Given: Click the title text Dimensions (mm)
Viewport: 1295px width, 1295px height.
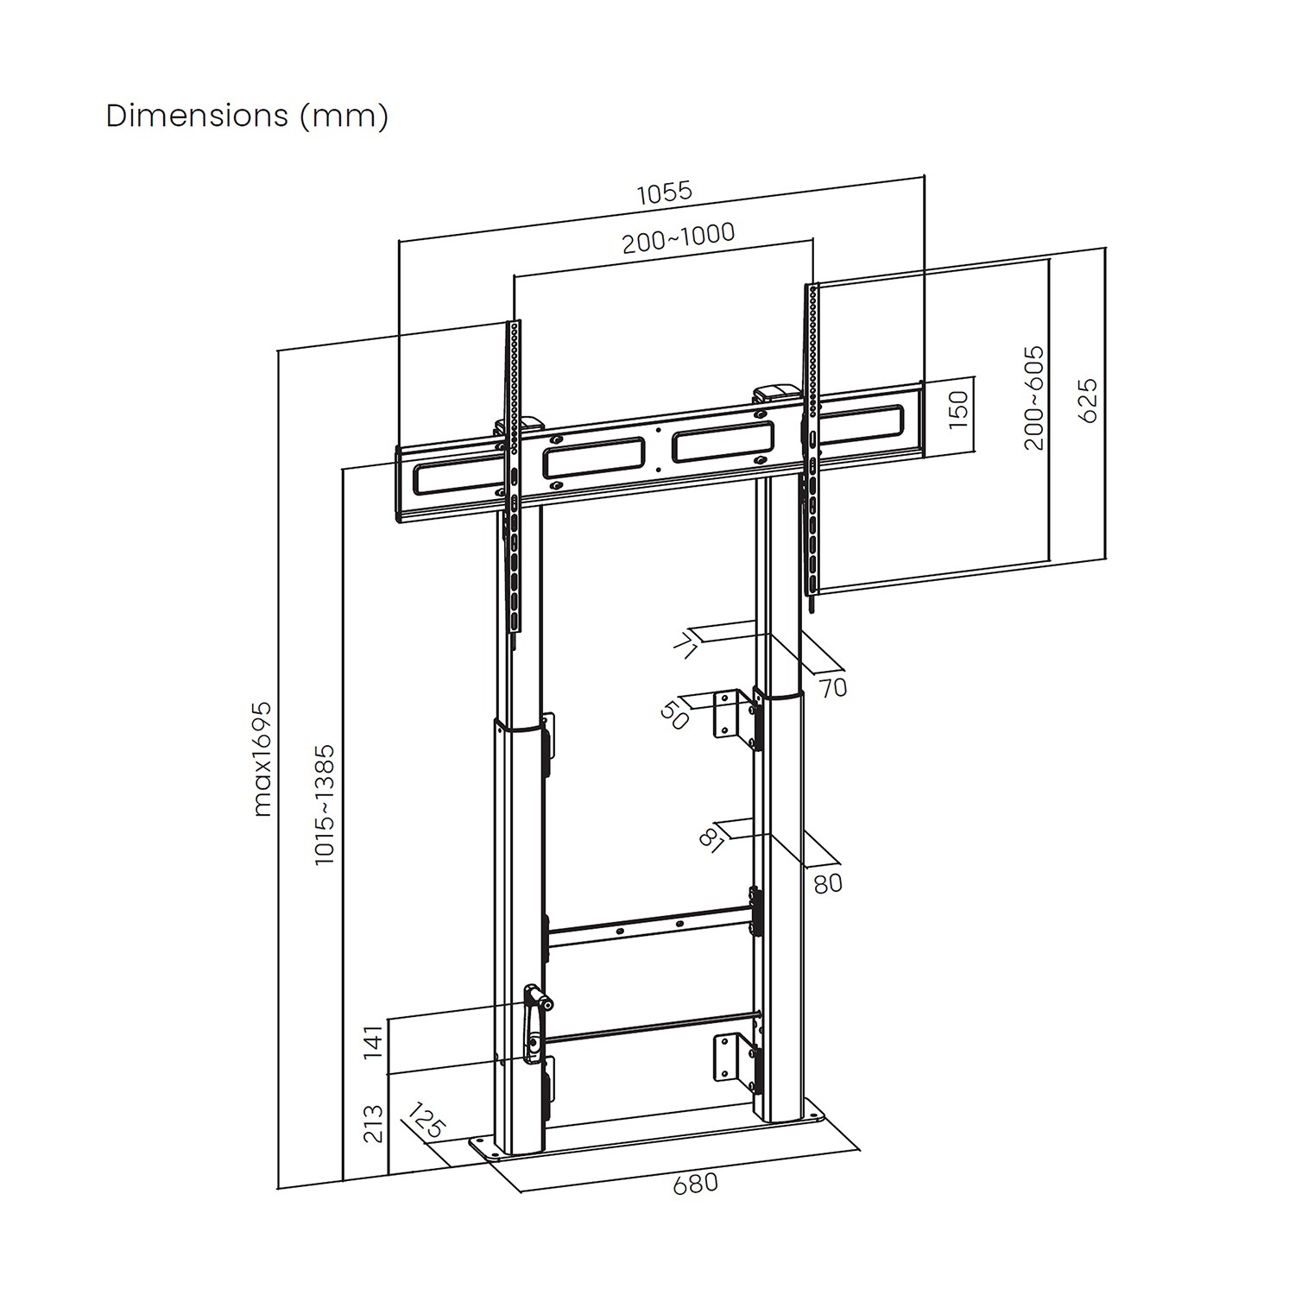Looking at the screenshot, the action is tap(247, 116).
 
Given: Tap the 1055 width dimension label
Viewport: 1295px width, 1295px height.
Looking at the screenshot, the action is tap(665, 192).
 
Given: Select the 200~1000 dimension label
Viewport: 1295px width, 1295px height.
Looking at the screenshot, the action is tap(679, 237).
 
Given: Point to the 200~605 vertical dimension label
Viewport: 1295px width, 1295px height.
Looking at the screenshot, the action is tap(1034, 398).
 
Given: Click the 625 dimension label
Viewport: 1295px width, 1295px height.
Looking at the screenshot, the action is tap(1090, 400).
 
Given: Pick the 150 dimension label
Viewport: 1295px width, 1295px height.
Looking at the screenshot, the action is tap(958, 411).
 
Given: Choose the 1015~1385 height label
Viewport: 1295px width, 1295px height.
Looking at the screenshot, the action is tap(324, 805).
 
